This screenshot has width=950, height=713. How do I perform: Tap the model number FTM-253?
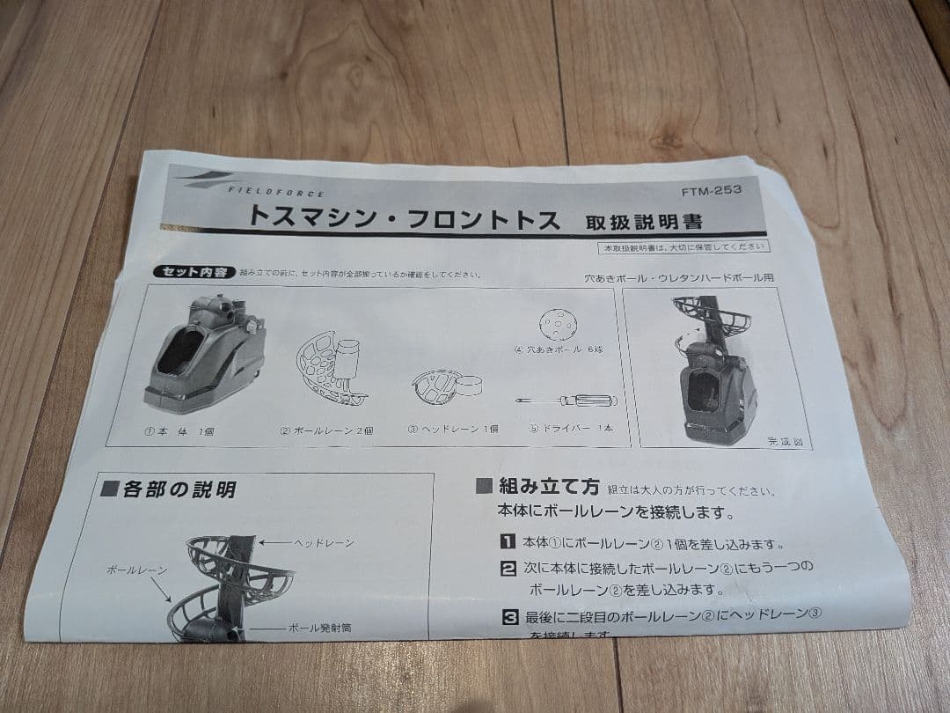706,192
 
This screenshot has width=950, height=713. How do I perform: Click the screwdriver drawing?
566,401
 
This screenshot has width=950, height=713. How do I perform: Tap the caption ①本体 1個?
181,431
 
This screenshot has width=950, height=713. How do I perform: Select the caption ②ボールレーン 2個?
327,430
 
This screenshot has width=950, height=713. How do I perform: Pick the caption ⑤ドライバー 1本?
571,429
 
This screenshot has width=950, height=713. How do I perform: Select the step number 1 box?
508,543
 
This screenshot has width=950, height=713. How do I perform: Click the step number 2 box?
508,568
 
